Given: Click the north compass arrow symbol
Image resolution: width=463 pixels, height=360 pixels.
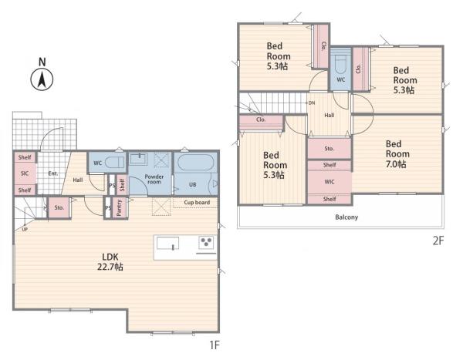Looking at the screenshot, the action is [x=42, y=79].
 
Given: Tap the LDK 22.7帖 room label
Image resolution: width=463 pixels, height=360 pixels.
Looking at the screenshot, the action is [x=110, y=262].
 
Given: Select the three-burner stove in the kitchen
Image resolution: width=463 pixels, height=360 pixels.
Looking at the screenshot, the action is [x=206, y=243].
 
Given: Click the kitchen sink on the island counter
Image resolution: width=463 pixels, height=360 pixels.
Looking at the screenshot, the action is [x=167, y=244].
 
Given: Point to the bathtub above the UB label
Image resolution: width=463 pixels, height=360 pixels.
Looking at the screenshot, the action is [x=196, y=163].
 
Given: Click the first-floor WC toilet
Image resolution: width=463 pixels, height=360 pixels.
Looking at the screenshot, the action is [x=115, y=163].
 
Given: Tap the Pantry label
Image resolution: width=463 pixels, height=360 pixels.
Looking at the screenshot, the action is [x=120, y=207].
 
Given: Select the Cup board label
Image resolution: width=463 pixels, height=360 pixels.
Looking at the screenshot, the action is [x=197, y=203].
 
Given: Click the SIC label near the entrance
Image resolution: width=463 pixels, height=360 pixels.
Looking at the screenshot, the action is [x=25, y=173].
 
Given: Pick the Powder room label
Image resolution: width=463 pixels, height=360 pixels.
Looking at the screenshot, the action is [x=154, y=179].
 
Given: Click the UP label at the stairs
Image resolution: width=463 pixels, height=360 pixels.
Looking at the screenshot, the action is [x=25, y=229].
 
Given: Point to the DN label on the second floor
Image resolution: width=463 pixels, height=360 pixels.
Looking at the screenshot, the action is [x=312, y=103].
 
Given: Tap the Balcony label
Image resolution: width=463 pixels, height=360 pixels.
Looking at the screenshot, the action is [x=346, y=217].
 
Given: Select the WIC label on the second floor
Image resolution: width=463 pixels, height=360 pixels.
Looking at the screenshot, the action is [x=330, y=182].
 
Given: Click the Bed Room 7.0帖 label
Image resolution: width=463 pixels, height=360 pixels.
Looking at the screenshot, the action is [x=397, y=154].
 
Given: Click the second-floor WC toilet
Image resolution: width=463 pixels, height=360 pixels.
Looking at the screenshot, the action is [x=340, y=63].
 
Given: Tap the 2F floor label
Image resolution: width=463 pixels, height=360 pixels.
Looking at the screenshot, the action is [x=438, y=241].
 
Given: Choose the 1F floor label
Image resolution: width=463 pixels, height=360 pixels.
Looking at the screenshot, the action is [x=215, y=345].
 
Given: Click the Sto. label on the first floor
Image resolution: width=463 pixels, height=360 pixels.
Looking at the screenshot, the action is [x=59, y=207].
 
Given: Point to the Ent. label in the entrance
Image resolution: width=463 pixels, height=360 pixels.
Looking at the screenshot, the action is [x=53, y=173].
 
